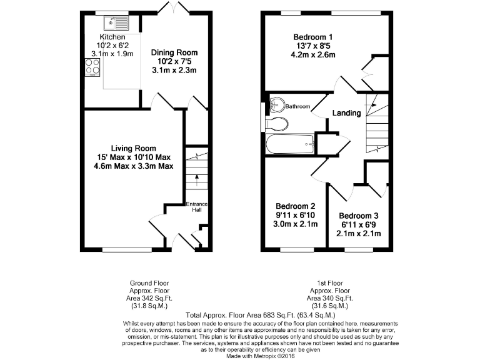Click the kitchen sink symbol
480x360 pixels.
[116, 24]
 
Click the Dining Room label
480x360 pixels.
[174, 52]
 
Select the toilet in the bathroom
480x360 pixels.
[277, 124]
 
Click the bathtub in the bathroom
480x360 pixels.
[290, 146]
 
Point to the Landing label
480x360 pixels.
[346, 113]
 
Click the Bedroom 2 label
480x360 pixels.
[296, 206]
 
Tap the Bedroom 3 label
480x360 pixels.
[359, 216]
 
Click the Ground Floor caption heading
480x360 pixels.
[147, 282]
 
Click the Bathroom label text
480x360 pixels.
[298, 107]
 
